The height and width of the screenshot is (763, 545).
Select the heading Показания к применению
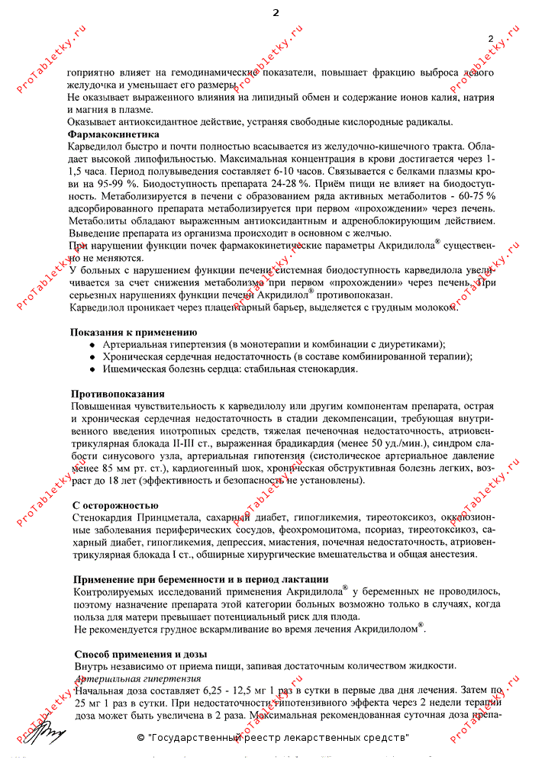coord(134,333)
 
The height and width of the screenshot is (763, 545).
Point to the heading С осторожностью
coord(115,506)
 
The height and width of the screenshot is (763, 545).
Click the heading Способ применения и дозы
coord(140,654)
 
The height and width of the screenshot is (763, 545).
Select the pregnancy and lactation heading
coord(202,579)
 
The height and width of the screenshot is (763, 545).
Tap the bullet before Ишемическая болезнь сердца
coord(93,369)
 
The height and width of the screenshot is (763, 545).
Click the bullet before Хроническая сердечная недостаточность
coord(93,357)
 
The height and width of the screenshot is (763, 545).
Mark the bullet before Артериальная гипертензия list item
coord(93,345)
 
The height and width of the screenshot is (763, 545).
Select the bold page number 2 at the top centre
coord(276,13)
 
